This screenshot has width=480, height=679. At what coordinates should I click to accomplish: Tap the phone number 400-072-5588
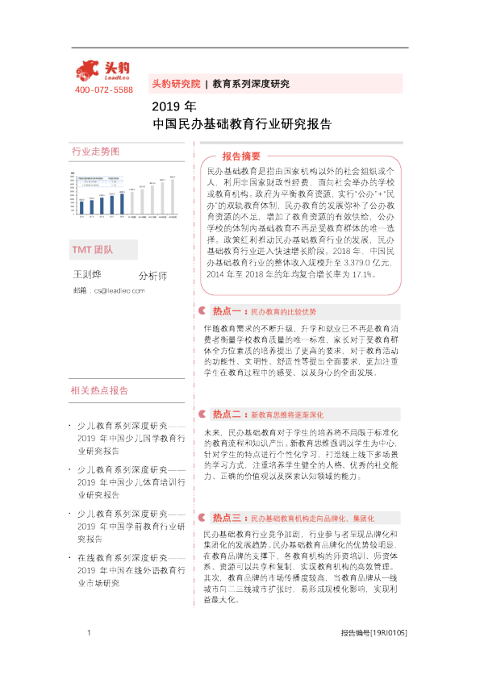pos(103,90)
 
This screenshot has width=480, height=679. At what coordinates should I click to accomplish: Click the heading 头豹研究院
pos(175,84)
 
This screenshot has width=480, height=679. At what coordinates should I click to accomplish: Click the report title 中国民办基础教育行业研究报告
pos(242,124)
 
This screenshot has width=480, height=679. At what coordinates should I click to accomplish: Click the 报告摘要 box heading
pos(241,156)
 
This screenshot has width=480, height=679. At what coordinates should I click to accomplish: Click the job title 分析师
pos(153,298)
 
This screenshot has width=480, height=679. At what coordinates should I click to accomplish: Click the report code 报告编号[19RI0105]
pos(374,634)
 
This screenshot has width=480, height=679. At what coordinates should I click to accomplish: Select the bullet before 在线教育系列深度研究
pos(70,558)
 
